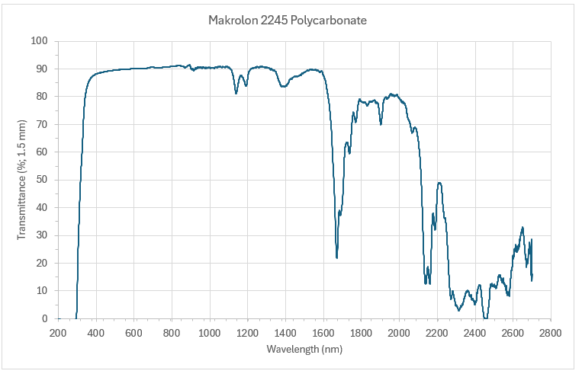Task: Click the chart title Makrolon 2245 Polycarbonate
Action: pyautogui.click(x=288, y=21)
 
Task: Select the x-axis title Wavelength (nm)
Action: pyautogui.click(x=304, y=349)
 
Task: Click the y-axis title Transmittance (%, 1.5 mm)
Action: pyautogui.click(x=22, y=179)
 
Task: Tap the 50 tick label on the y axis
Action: pyautogui.click(x=42, y=180)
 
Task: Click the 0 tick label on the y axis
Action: pyautogui.click(x=45, y=318)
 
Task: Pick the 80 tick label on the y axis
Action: pyautogui.click(x=42, y=97)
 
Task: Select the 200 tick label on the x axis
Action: pyautogui.click(x=58, y=333)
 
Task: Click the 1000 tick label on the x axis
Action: pyautogui.click(x=209, y=333)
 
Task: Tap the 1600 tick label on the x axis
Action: pyautogui.click(x=323, y=333)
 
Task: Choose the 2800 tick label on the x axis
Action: pyautogui.click(x=551, y=333)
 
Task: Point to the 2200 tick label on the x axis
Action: pyautogui.click(x=437, y=333)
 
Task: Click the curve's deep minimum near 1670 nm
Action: pyautogui.click(x=336, y=257)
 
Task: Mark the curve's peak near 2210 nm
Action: pyautogui.click(x=439, y=183)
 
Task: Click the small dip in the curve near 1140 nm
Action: pyautogui.click(x=236, y=93)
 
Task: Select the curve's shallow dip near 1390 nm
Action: pyautogui.click(x=283, y=87)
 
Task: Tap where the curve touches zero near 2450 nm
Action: pyautogui.click(x=485, y=318)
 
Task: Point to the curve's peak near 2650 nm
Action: pyautogui.click(x=523, y=227)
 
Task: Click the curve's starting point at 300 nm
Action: pyautogui.click(x=76, y=318)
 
